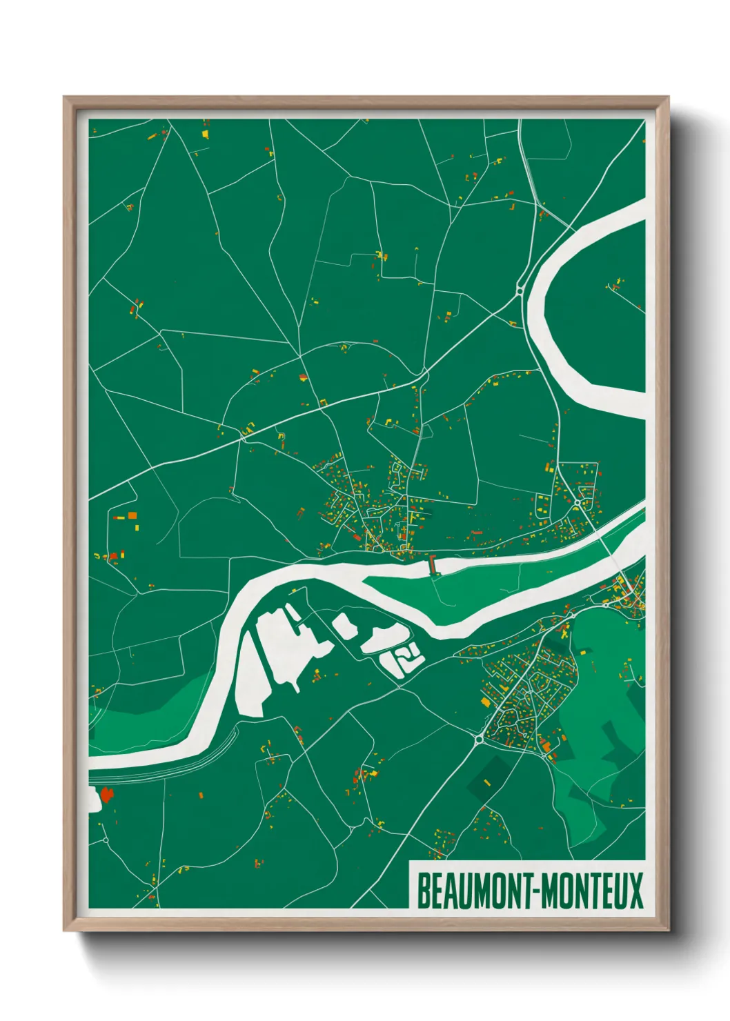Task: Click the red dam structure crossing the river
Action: click(433, 565)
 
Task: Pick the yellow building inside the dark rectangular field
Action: click(487, 782)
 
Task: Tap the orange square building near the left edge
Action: click(132, 515)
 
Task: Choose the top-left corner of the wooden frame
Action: click(64, 97)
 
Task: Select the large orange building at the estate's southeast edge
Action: click(546, 746)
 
